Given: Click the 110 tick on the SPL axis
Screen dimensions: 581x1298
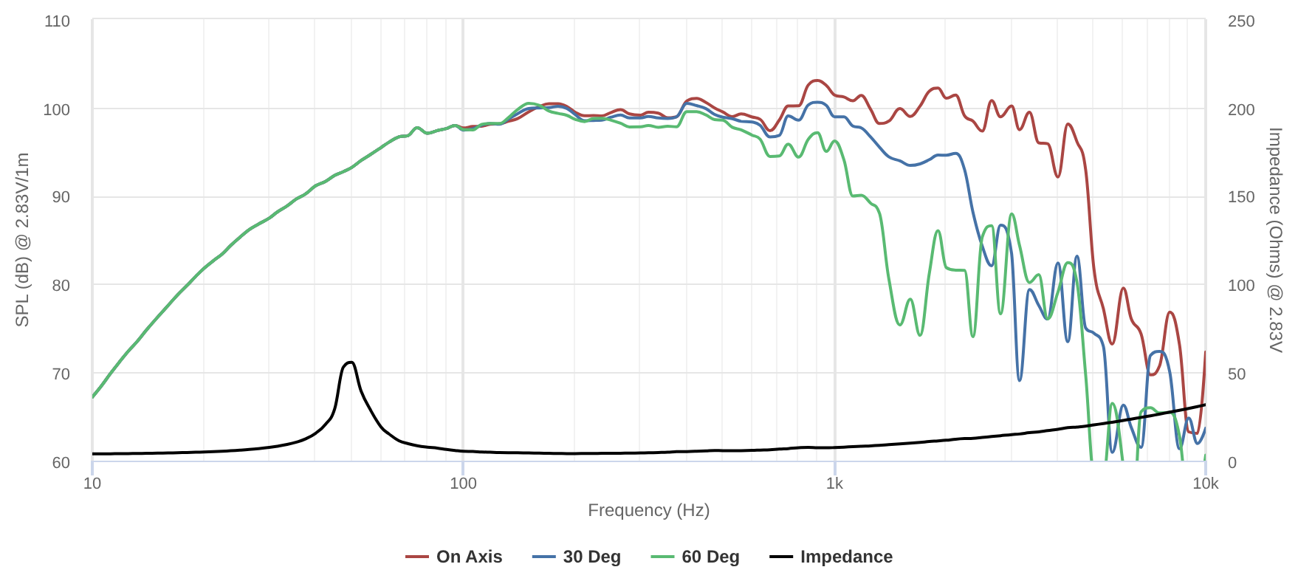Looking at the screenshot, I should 57,21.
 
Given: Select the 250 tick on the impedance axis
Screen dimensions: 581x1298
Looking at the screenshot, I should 1241,21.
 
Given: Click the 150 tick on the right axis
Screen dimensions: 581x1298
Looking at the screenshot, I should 1241,197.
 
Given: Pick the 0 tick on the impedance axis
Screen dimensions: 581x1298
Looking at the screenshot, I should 1232,463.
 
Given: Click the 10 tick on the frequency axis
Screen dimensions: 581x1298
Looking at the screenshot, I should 92,484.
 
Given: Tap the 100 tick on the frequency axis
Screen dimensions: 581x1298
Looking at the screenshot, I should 463,484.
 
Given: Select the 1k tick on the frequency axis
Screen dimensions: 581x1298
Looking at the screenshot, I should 834,484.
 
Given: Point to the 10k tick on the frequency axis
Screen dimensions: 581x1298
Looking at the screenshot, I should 1206,484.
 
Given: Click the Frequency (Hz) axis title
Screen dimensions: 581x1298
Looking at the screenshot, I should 648,510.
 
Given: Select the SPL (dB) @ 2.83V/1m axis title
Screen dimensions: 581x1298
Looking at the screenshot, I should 22,240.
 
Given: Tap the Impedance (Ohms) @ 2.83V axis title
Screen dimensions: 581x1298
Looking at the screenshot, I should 1275,240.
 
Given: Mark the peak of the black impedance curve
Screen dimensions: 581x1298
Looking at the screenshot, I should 350,362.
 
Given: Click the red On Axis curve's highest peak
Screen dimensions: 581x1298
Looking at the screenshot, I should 815,80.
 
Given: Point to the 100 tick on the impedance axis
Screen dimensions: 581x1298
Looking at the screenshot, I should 1241,286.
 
